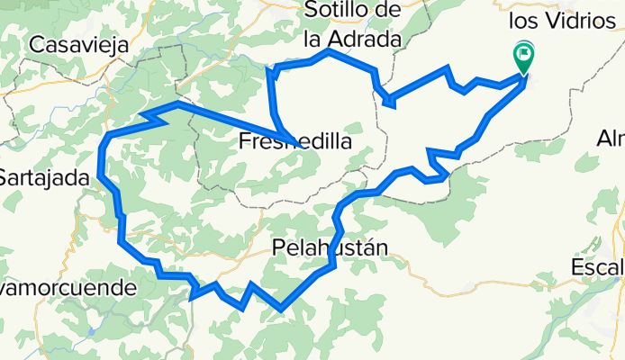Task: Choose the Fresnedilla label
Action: tap(296, 142)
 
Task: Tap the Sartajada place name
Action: tap(41, 178)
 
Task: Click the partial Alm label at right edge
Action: tap(611, 139)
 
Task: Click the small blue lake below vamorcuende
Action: tap(92, 331)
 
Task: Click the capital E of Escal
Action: tap(577, 268)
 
